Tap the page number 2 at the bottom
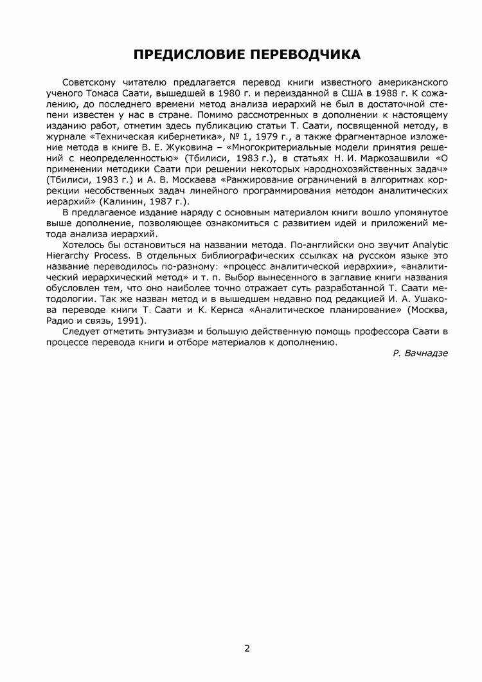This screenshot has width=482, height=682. [x=247, y=648]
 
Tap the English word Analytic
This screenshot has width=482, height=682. [x=430, y=246]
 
